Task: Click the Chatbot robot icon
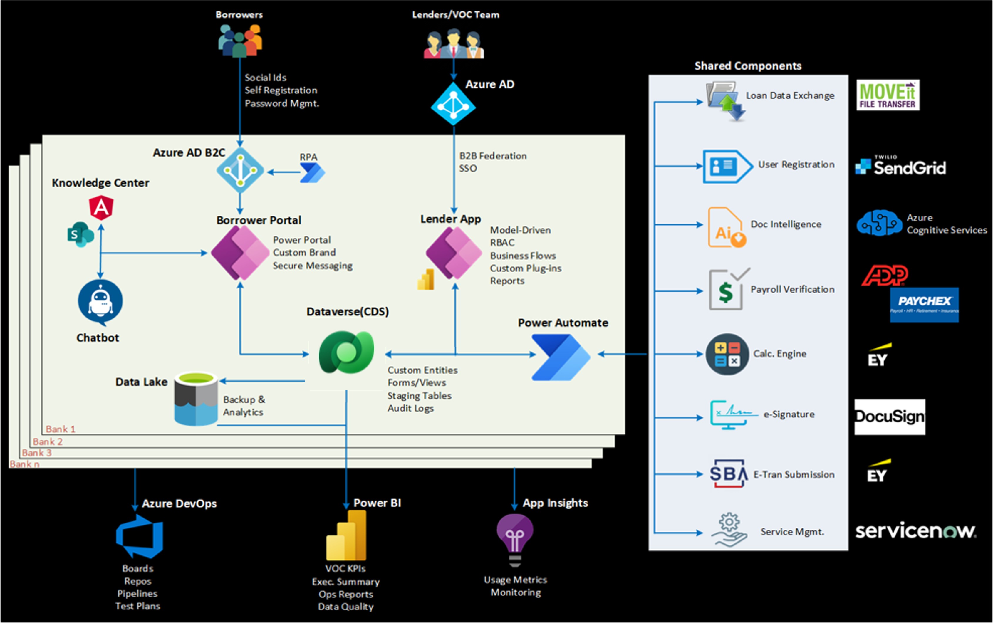coord(100,302)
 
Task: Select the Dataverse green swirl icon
coord(346,352)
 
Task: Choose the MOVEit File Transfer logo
coord(888,95)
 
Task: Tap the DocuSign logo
coord(890,417)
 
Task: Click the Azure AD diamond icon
coord(453,104)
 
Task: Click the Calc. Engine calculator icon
coord(727,354)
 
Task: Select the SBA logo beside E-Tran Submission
coord(728,473)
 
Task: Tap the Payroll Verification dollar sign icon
coord(726,291)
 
